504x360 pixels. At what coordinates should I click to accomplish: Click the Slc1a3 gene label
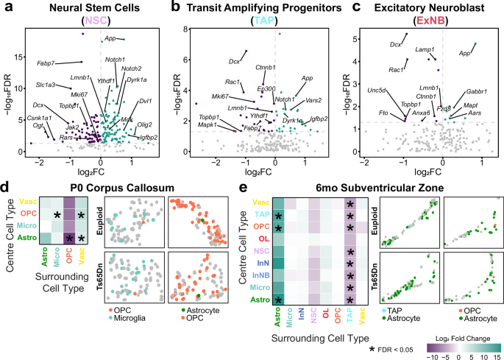point(47,85)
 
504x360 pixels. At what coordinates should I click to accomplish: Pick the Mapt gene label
point(471,106)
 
